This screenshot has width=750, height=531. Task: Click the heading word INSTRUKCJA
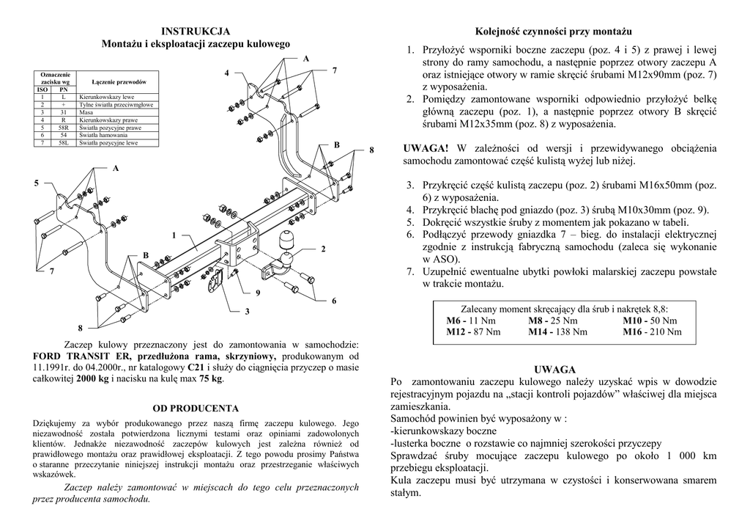[x=196, y=31]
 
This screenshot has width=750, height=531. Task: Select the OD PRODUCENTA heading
[x=196, y=408]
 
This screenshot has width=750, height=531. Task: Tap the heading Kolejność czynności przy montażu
[x=554, y=32]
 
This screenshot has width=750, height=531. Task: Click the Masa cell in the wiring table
[x=86, y=111]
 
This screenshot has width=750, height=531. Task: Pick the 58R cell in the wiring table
[x=64, y=128]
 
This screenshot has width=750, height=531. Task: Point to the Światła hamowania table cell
[x=103, y=136]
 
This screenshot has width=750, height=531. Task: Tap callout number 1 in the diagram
[x=174, y=235]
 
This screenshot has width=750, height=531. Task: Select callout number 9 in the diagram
[x=258, y=293]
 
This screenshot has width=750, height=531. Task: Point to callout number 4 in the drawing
[x=227, y=73]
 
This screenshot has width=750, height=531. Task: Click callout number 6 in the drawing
[x=333, y=301]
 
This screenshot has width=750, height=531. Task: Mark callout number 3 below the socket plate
[x=248, y=312]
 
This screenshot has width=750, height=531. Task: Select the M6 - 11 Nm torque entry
[x=472, y=321]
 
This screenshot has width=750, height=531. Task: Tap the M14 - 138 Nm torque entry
[x=557, y=332]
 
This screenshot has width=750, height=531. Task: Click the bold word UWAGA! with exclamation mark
[x=425, y=149]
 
